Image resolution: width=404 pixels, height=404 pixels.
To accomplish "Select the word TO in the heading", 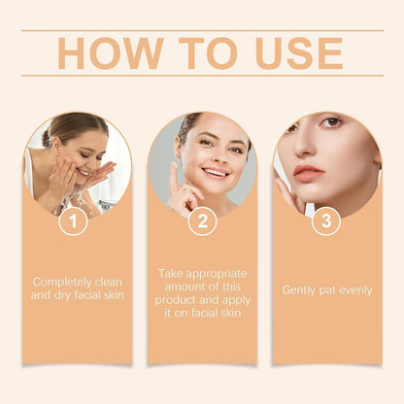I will click(x=194, y=52).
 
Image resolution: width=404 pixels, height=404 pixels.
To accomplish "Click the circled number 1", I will click(x=73, y=221).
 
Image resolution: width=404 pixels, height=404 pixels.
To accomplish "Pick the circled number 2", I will click(x=201, y=221).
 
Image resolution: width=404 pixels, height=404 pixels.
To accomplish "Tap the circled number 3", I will click(x=325, y=221).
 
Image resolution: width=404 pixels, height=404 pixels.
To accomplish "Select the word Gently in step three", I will click(x=300, y=289).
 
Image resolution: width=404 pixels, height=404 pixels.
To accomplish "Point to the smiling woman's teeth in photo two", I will click(x=216, y=172).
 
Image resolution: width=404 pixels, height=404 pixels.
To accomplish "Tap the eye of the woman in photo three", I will click(x=333, y=122).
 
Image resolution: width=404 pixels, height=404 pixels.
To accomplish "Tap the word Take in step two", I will click(x=170, y=274).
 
